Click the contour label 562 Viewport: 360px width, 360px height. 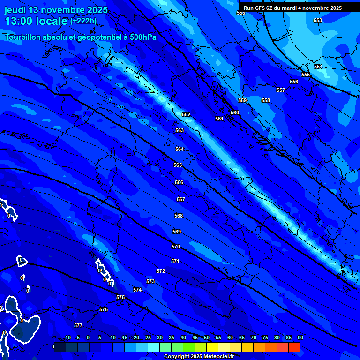[x=186, y=115]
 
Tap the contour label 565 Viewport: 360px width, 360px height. [x=178, y=165]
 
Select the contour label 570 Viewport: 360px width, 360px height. [x=176, y=247]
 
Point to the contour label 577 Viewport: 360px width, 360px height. [x=78, y=325]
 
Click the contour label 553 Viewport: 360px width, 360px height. [x=318, y=20]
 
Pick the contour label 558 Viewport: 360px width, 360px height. [x=266, y=101]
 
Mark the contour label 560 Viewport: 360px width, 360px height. [x=235, y=113]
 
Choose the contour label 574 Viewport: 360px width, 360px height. [x=137, y=290]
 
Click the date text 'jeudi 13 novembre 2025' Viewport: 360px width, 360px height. [x=56, y=10]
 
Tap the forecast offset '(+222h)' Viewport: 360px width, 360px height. [x=83, y=21]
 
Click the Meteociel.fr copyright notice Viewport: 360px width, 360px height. [x=199, y=357]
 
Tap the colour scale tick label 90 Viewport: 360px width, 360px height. [x=300, y=338]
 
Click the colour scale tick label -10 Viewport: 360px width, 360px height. [x=67, y=338]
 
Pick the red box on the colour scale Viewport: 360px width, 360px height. [x=294, y=347]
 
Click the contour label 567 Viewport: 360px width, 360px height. [x=181, y=200]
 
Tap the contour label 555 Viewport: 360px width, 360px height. [x=306, y=75]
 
